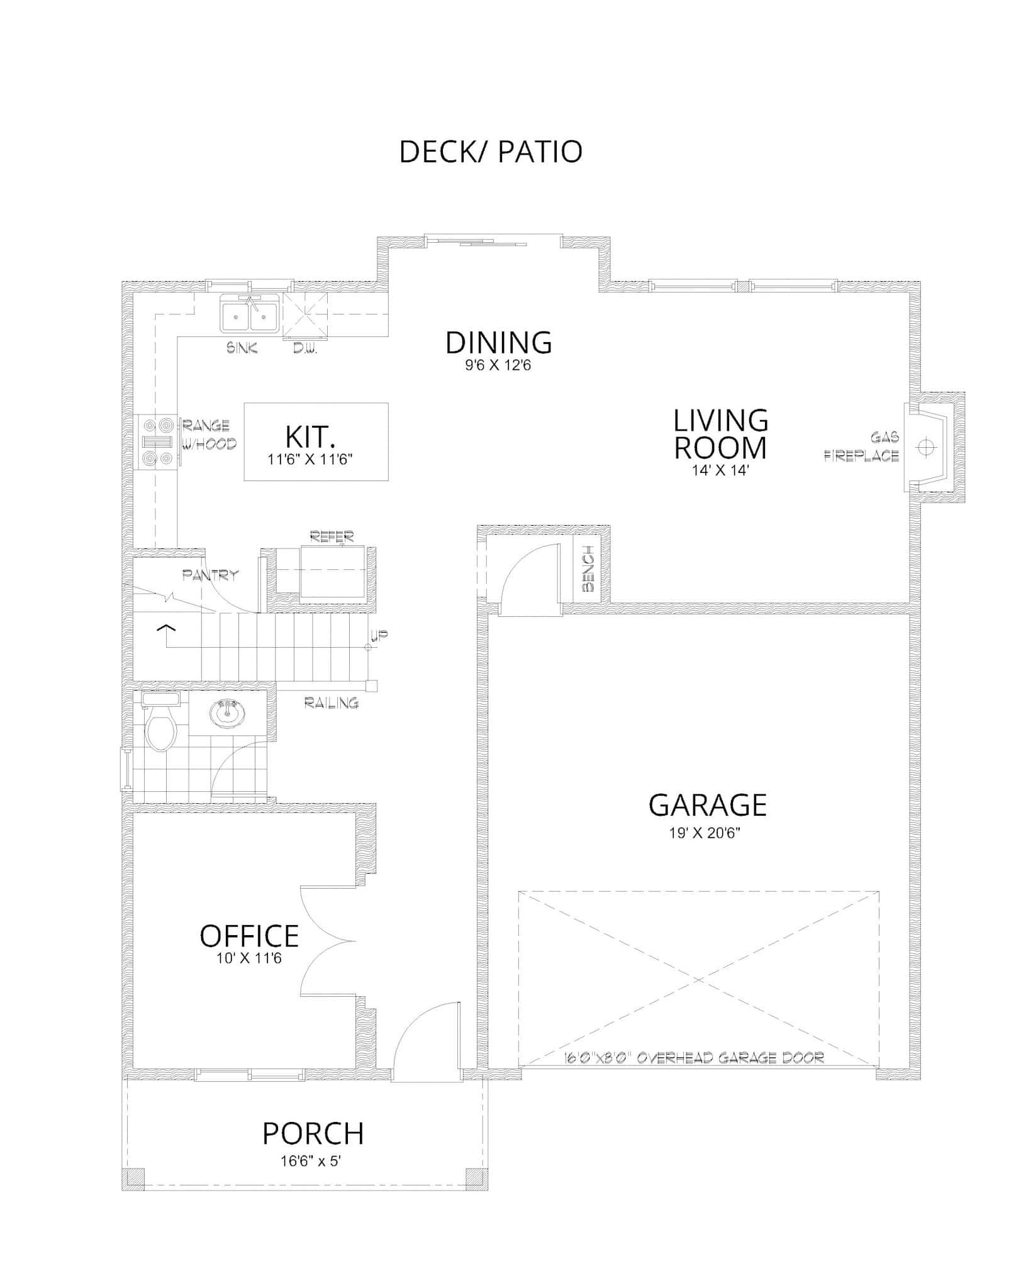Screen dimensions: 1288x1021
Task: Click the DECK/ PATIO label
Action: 491,152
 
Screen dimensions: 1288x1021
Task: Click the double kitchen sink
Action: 250,313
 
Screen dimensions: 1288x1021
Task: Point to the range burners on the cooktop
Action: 157,442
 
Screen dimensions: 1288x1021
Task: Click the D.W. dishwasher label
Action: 305,348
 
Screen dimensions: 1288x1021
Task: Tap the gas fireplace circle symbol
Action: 924,447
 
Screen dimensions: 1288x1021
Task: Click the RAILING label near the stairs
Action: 332,702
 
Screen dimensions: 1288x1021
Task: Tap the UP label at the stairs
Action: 379,636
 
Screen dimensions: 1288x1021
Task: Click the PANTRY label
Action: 210,574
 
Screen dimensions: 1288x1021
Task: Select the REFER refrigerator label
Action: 332,536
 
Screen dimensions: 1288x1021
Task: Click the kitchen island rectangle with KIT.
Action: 316,441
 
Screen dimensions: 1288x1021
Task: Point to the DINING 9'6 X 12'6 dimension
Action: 498,365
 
